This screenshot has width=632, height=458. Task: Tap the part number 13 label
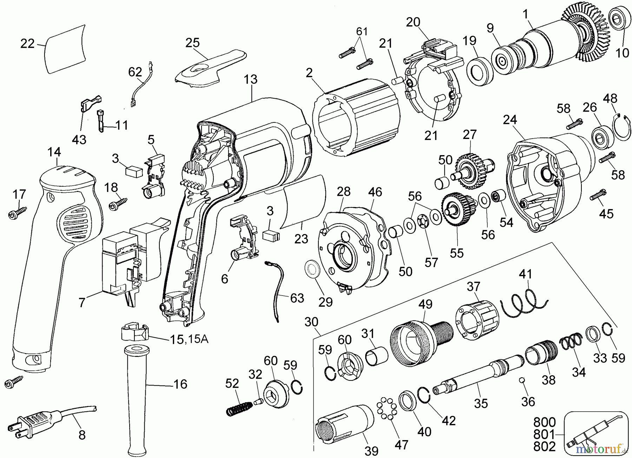[x=251, y=80]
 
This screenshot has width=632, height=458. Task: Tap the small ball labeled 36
[x=522, y=380]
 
